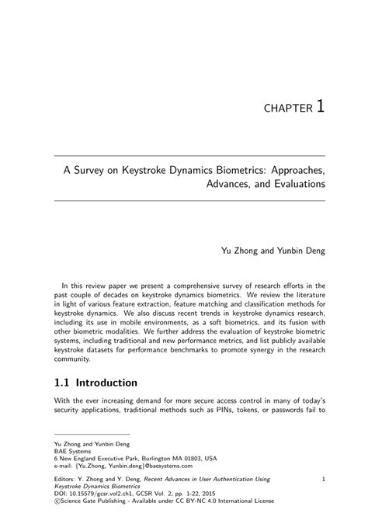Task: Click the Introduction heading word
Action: pyautogui.click(x=114, y=383)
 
